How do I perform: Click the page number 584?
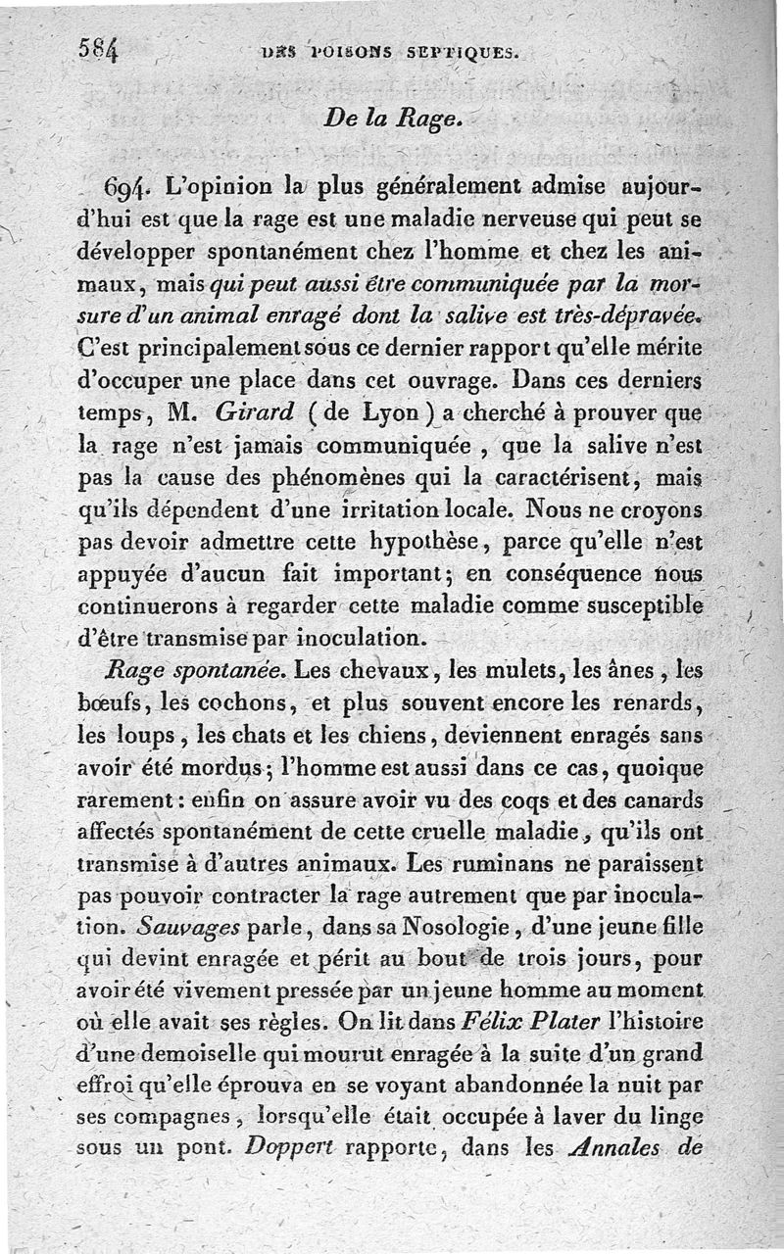click(97, 50)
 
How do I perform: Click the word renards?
click(657, 702)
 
